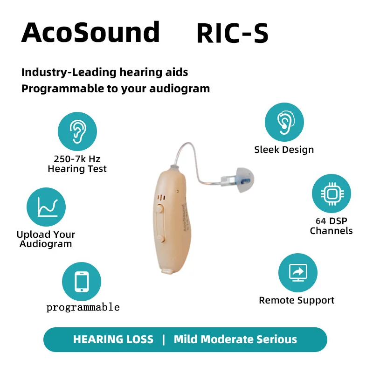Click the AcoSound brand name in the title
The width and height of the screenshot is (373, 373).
pyautogui.click(x=90, y=33)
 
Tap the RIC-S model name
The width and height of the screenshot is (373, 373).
pyautogui.click(x=232, y=34)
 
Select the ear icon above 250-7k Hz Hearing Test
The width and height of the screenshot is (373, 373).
pyautogui.click(x=77, y=131)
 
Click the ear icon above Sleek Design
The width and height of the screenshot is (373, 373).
pyautogui.click(x=284, y=122)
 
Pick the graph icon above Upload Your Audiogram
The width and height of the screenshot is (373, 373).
pyautogui.click(x=46, y=207)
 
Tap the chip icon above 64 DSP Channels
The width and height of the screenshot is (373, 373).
pyautogui.click(x=331, y=194)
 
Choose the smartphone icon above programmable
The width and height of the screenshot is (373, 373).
pyautogui.click(x=82, y=282)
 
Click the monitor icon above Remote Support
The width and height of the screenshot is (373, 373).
pyautogui.click(x=297, y=273)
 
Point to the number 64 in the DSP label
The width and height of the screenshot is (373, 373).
pyautogui.click(x=321, y=221)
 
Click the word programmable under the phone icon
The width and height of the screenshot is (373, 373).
pyautogui.click(x=83, y=307)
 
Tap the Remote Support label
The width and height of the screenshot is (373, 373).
pyautogui.click(x=297, y=301)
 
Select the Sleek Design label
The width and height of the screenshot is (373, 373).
pyautogui.click(x=284, y=150)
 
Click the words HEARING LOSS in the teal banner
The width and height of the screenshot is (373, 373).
pyautogui.click(x=113, y=339)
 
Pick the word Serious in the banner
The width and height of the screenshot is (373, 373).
pyautogui.click(x=276, y=339)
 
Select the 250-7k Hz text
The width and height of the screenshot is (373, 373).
pyautogui.click(x=77, y=159)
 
